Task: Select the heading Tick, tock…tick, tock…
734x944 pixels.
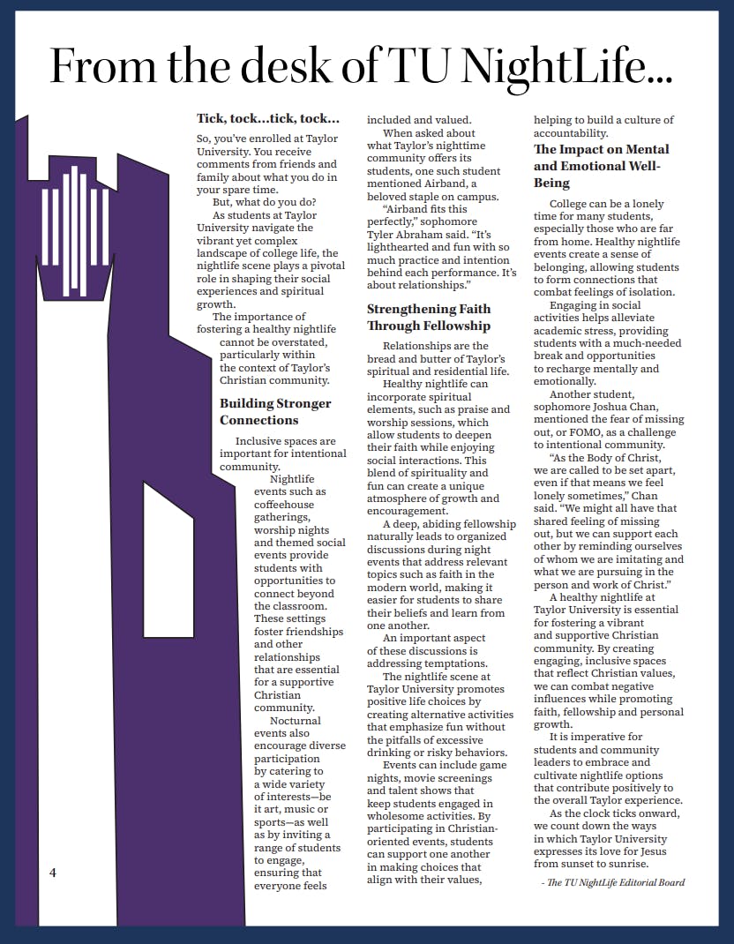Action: coord(267,118)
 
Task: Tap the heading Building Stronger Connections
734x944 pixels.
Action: coord(275,412)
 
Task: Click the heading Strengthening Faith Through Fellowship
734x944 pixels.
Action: coord(429,318)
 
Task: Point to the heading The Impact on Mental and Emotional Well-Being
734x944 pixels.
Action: coord(601,166)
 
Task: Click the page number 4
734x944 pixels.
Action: coord(53,873)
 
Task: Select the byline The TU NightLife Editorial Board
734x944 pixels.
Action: coord(616,882)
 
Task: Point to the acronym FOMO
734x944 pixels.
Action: coord(589,432)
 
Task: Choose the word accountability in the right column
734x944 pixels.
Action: coord(573,133)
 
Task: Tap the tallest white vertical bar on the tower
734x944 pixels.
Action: coord(76,229)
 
